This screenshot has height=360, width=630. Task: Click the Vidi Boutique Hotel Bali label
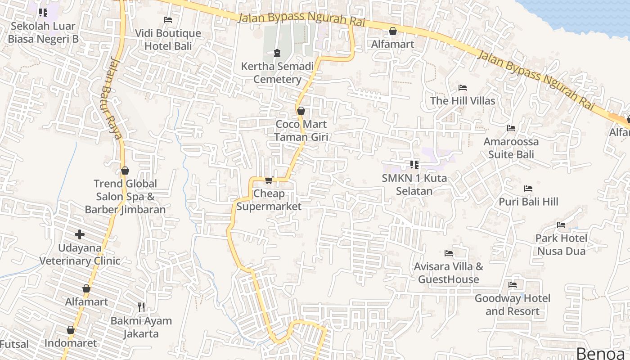click(x=168, y=40)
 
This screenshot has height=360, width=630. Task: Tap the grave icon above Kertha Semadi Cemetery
click(x=277, y=54)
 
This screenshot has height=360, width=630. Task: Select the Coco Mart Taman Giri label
click(x=301, y=130)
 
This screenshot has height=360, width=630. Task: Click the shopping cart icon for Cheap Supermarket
click(x=269, y=180)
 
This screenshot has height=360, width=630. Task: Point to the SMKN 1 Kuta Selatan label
click(x=414, y=184)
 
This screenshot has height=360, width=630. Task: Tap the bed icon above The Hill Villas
click(x=462, y=88)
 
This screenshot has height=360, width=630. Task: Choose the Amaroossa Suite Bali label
click(x=511, y=148)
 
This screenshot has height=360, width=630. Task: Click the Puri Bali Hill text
click(x=528, y=202)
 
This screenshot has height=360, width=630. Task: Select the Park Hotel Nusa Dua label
click(x=561, y=244)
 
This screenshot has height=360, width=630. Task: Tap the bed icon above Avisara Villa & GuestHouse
click(x=448, y=253)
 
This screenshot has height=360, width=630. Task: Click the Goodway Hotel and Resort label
click(x=512, y=305)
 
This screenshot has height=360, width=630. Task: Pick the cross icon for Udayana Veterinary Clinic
click(x=80, y=234)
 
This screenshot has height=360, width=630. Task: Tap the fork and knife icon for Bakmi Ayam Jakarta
click(x=141, y=307)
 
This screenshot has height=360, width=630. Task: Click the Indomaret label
click(x=70, y=343)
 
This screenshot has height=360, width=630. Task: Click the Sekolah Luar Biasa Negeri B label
click(x=43, y=32)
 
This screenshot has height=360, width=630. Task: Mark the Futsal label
click(x=14, y=345)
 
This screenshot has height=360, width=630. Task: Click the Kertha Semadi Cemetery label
click(x=277, y=73)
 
